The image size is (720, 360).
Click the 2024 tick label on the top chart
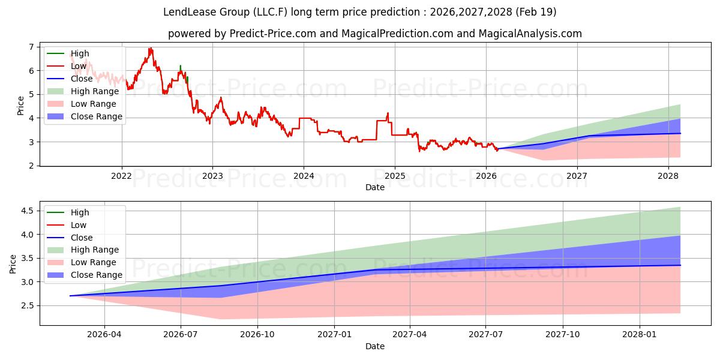click(x=304, y=176)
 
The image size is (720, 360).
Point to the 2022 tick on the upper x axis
click(x=122, y=176)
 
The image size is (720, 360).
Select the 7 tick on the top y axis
click(x=31, y=47)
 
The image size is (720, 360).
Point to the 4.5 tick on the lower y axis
click(x=26, y=211)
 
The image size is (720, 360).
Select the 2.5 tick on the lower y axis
click(x=26, y=305)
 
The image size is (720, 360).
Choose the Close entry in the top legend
click(x=82, y=79)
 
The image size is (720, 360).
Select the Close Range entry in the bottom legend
click(x=97, y=275)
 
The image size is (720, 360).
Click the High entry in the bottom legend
click(x=80, y=212)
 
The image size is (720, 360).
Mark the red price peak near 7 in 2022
click(x=150, y=49)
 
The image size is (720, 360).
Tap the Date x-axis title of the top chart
click(x=375, y=187)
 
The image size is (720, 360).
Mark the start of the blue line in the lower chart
click(x=70, y=296)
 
